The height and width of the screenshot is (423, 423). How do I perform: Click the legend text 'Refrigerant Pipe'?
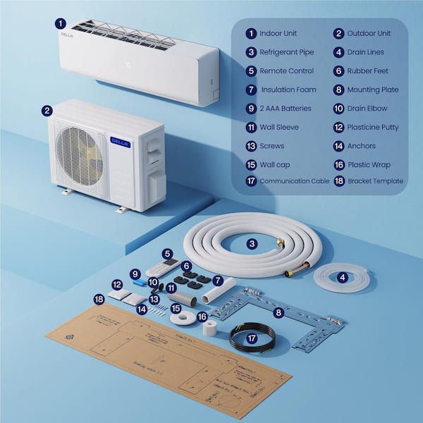point(287,52)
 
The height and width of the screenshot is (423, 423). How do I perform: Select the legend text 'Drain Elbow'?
point(367,109)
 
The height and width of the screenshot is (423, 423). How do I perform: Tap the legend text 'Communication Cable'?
point(294,181)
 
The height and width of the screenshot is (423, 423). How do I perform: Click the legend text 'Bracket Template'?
point(375,181)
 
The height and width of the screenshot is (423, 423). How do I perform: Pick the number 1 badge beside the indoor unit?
point(61,23)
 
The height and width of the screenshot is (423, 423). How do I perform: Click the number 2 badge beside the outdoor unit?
point(47,111)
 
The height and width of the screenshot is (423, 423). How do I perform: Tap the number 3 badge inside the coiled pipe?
point(252,243)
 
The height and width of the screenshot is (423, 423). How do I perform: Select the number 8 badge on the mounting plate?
point(278,312)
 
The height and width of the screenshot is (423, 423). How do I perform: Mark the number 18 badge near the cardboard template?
point(99,300)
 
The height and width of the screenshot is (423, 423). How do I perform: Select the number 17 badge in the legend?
point(250,181)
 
